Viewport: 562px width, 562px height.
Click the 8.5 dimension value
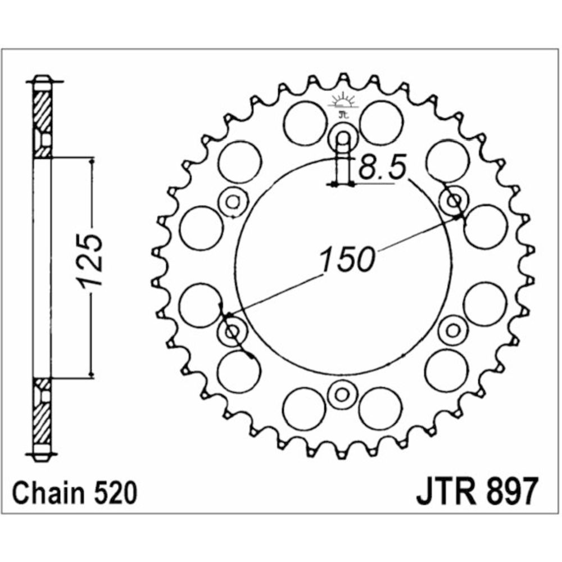point(382,167)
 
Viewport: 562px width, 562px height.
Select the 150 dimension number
point(347,259)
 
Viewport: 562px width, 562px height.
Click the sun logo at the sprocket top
point(343,101)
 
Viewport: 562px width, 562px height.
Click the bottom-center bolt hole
point(342,395)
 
